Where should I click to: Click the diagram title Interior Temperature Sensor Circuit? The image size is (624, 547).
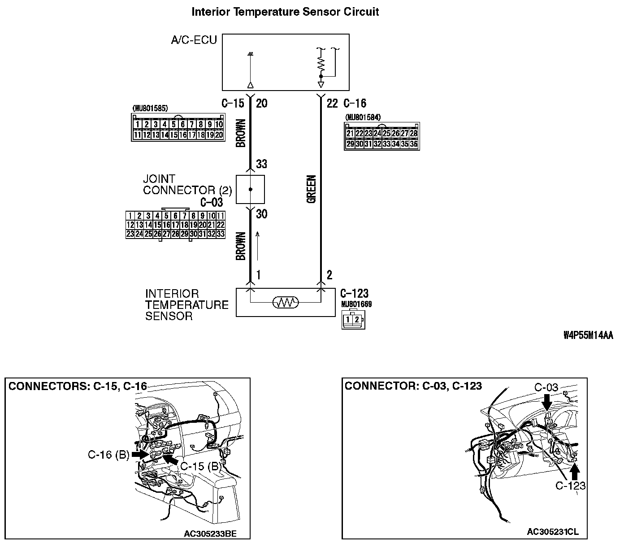(x=285, y=12)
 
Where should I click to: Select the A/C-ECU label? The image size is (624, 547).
(x=194, y=40)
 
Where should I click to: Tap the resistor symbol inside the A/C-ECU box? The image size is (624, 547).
(x=321, y=63)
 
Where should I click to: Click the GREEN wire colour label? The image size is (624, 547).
(x=312, y=189)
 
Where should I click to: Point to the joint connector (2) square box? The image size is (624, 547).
(x=250, y=189)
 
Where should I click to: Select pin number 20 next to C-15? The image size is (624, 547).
(x=261, y=104)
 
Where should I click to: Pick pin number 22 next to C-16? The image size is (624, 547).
(x=332, y=104)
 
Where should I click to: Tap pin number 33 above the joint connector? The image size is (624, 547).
(x=261, y=164)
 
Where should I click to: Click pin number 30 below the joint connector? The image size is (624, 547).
(x=261, y=214)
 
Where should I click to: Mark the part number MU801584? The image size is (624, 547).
(x=363, y=117)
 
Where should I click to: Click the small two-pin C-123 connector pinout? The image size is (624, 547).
(x=353, y=320)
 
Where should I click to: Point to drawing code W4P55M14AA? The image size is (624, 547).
(x=588, y=336)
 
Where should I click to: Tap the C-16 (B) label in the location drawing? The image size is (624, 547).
(x=108, y=455)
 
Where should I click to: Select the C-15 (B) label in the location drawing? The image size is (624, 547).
(x=200, y=466)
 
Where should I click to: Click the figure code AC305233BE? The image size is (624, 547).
(x=210, y=534)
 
